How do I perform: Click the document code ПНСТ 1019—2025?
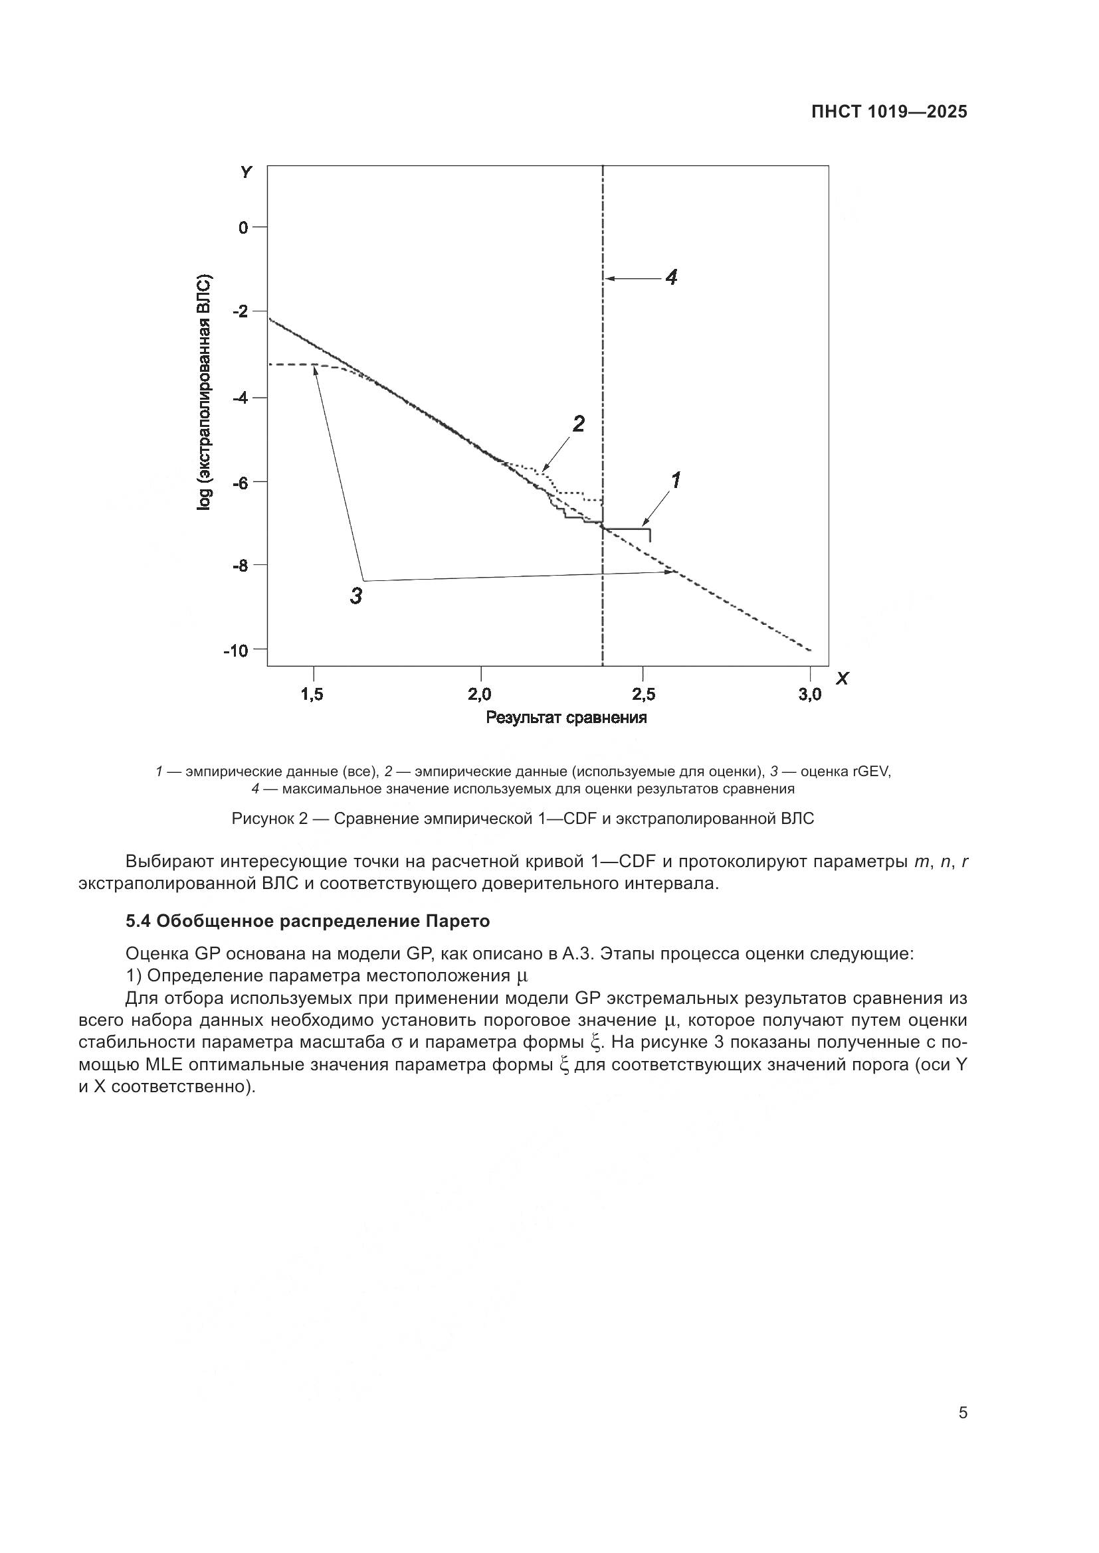coord(889,112)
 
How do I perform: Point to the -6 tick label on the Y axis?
coord(241,482)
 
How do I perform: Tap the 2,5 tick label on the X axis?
coord(644,694)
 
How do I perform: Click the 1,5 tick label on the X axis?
coord(312,694)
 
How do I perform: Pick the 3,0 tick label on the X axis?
coord(809,694)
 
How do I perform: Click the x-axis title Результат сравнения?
coord(566,718)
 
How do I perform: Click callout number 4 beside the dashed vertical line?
coord(671,277)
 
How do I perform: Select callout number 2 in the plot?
coord(579,424)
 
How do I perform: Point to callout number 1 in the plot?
coord(675,480)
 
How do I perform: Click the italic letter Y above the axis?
coord(247,173)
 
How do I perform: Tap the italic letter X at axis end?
coord(842,679)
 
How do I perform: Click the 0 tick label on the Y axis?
coord(243,227)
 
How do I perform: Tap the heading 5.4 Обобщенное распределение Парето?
coord(308,922)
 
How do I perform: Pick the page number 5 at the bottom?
coord(963,1413)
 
